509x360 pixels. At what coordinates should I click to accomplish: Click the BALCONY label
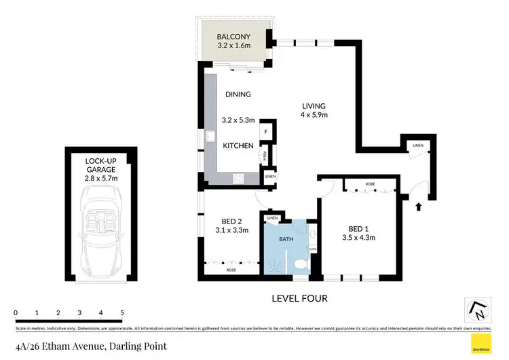[x=233, y=36]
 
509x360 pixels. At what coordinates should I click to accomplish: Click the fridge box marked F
[x=267, y=132]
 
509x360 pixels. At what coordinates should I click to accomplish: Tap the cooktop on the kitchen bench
[x=239, y=179]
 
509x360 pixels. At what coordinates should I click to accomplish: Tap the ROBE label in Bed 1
[x=369, y=184]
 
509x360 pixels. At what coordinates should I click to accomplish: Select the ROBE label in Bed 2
[x=231, y=270]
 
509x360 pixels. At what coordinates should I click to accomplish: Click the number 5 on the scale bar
[x=122, y=312]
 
